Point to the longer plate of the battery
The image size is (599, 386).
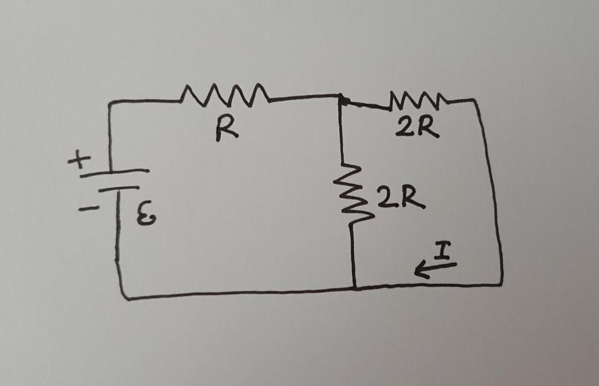click(115, 173)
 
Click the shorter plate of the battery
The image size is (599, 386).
click(119, 189)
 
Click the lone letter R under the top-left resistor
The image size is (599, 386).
click(226, 131)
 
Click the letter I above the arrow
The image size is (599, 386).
click(443, 253)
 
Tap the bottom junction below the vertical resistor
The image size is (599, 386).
click(354, 288)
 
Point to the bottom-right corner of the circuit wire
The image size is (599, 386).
click(501, 285)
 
